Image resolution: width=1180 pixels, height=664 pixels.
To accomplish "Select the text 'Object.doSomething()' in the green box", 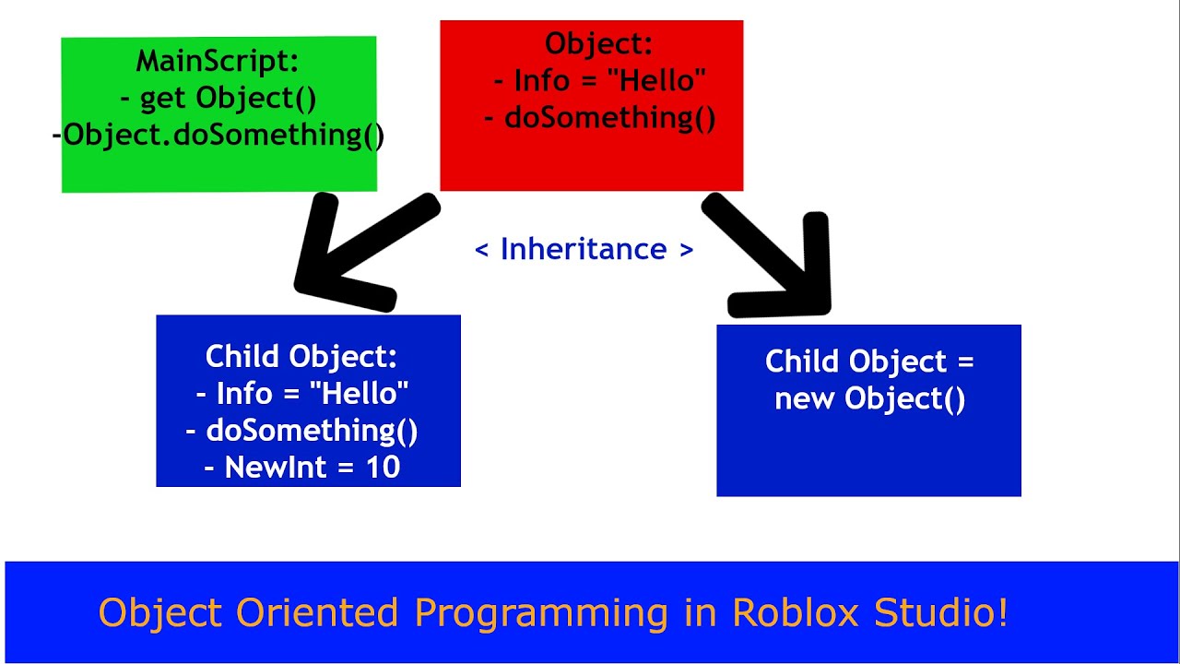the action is [x=223, y=136].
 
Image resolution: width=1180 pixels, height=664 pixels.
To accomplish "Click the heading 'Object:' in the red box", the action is [x=599, y=43].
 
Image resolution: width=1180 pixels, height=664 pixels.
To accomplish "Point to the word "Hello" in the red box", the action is [x=656, y=80].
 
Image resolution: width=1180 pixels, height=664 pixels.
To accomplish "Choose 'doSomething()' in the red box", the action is [x=610, y=117].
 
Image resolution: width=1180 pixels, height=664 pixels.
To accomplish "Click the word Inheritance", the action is [x=584, y=249].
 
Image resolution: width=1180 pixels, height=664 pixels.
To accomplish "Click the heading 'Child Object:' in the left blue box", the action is [x=301, y=357].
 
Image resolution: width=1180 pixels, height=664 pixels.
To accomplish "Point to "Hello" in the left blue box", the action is [x=360, y=393].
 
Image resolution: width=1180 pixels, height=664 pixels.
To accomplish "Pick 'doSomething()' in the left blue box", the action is [x=312, y=431].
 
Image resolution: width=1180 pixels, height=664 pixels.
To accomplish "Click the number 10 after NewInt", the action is [x=383, y=468].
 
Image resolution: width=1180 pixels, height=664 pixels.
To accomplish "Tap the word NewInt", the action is [x=268, y=468].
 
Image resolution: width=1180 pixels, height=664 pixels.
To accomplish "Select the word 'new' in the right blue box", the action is [x=805, y=399].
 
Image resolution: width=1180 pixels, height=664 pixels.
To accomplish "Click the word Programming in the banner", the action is [x=541, y=614].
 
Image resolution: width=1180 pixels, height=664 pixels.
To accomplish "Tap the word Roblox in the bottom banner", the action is [x=795, y=612].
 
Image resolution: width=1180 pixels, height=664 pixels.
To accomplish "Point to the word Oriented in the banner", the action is [x=316, y=612].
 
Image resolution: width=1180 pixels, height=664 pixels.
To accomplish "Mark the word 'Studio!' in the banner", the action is [x=941, y=612].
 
